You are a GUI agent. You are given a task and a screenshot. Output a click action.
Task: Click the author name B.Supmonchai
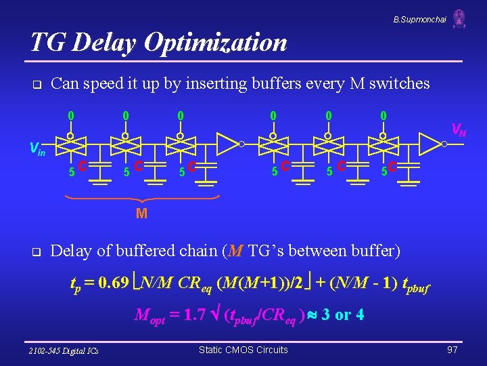(420, 20)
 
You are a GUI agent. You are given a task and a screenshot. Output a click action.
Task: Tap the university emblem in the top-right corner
(459, 18)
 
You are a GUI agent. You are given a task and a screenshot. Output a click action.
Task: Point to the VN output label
(458, 129)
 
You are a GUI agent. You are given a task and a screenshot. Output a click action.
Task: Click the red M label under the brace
(141, 214)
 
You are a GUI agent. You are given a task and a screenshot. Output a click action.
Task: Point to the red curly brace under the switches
(141, 199)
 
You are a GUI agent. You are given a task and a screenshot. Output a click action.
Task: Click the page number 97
(452, 350)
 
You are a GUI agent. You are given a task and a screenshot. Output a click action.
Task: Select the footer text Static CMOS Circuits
(243, 350)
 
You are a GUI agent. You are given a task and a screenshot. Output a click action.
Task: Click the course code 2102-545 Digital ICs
(64, 350)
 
